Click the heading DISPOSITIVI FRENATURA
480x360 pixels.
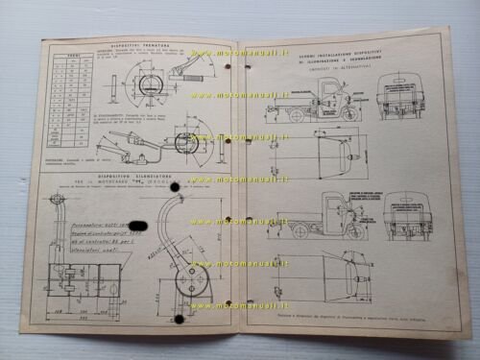point(139,45)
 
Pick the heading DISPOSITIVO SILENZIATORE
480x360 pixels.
point(139,176)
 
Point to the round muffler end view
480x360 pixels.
point(185,271)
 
